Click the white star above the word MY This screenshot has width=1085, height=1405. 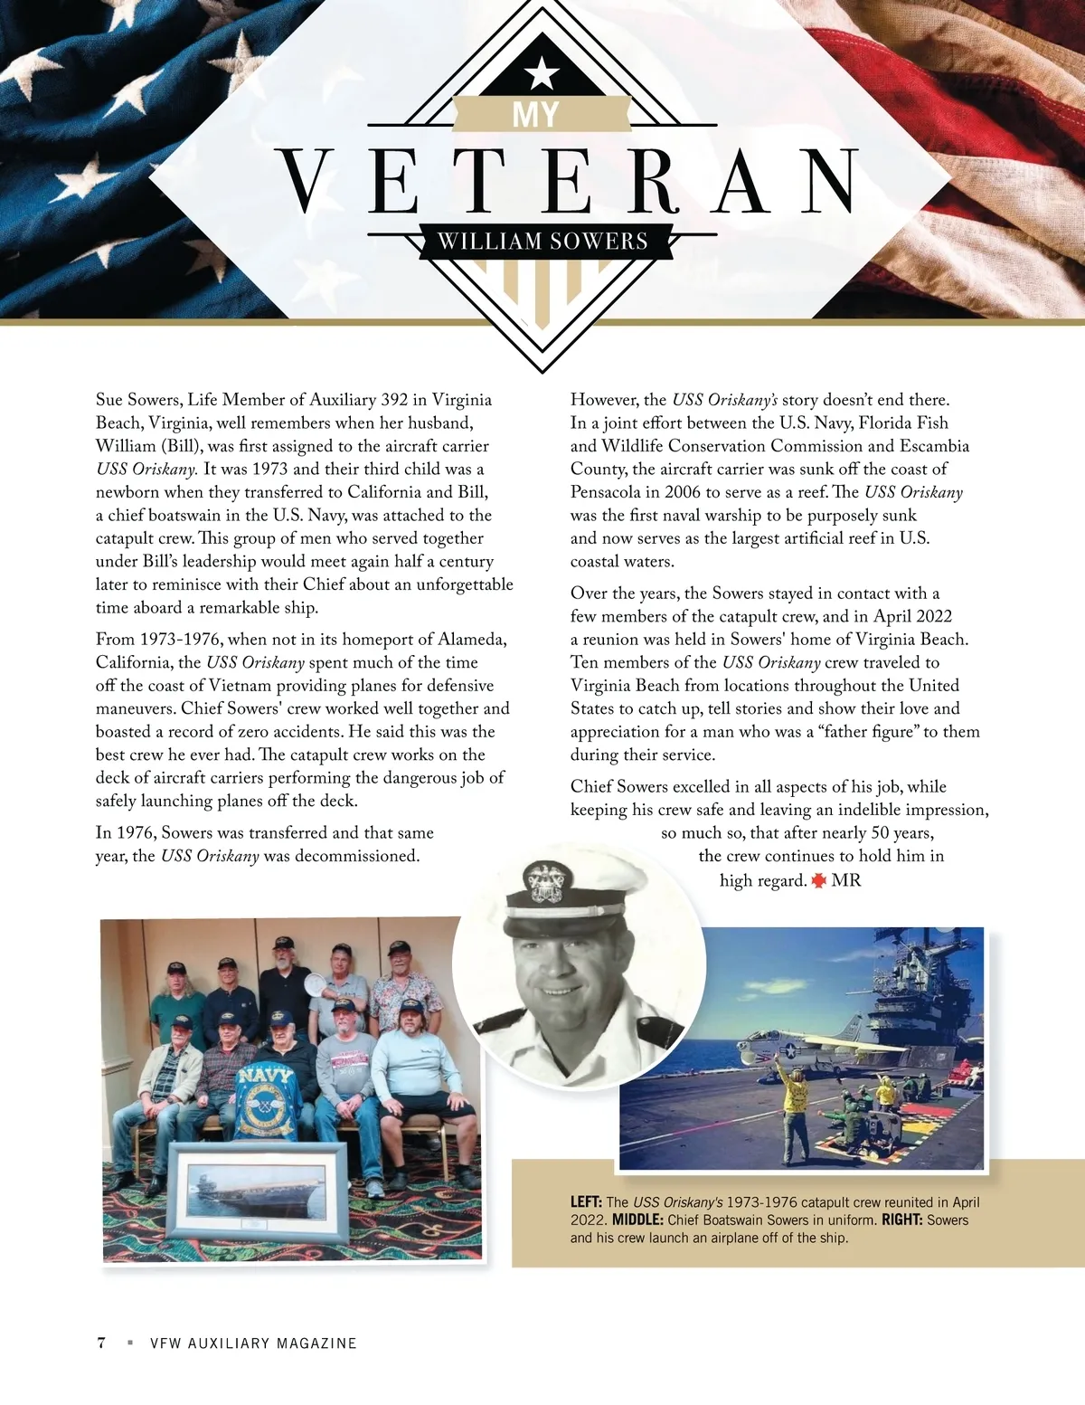point(542,73)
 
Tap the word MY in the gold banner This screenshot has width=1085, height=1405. point(535,115)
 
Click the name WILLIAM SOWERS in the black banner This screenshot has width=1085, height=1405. point(542,242)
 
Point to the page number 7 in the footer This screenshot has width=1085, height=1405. point(101,1343)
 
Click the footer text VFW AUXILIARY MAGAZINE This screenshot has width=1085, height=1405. point(253,1343)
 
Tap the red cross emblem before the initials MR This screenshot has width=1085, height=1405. point(818,880)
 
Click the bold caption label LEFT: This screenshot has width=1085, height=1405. point(586,1202)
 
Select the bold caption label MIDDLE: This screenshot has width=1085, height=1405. point(637,1220)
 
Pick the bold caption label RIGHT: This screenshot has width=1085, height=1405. point(901,1220)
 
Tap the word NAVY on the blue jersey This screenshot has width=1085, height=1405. point(265,1077)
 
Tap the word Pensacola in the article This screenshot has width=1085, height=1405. point(608,492)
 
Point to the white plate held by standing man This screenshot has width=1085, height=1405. point(316,983)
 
